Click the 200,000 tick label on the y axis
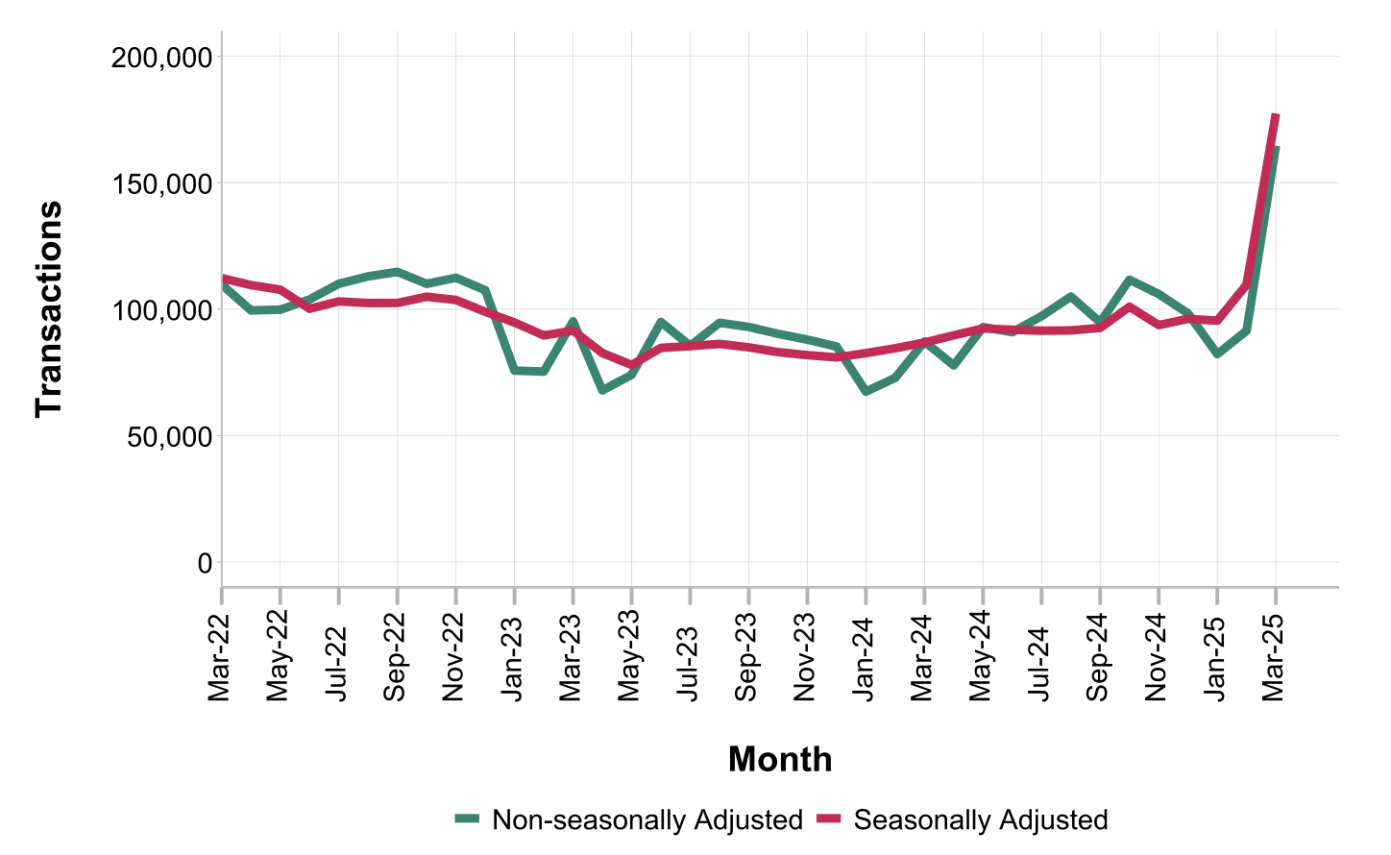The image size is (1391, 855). tap(160, 58)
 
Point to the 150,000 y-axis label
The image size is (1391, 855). tap(160, 183)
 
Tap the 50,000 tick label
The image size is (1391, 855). tap(167, 436)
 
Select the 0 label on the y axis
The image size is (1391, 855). tap(205, 563)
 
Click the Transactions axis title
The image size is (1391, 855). tap(49, 309)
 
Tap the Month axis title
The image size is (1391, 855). tap(780, 759)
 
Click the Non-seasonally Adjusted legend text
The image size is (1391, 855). tap(647, 820)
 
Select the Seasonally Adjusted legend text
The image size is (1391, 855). tap(980, 820)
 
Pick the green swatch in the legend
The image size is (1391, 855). tap(467, 819)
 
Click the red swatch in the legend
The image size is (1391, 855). tap(829, 819)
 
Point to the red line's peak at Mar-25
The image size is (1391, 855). tap(1276, 116)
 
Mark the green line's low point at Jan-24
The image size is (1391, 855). tap(866, 392)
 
